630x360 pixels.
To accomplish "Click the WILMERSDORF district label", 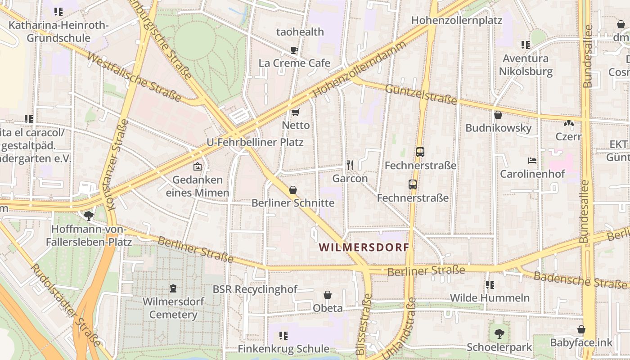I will [364, 247].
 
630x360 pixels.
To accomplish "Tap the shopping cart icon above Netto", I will [295, 112].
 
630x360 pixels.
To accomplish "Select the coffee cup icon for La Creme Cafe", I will [294, 50].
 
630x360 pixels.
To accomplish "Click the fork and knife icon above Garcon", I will [350, 165].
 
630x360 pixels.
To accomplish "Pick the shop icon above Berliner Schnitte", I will [293, 190].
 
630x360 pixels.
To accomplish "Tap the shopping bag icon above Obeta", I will [328, 295].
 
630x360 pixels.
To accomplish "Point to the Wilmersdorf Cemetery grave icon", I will [173, 288].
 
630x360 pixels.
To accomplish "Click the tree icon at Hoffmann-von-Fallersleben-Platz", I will [89, 216].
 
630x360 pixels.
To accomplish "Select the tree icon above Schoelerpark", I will [499, 334].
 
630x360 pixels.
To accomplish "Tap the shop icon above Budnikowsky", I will [498, 115].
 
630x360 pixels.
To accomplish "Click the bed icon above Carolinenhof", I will [532, 161].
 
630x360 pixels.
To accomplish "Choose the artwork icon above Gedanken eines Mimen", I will [197, 166].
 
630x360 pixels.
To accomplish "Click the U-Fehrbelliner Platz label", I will [255, 142].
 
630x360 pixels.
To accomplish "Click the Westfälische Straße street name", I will [134, 77].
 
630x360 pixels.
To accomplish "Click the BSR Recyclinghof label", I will [255, 289].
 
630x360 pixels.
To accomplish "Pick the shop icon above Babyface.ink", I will [581, 329].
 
